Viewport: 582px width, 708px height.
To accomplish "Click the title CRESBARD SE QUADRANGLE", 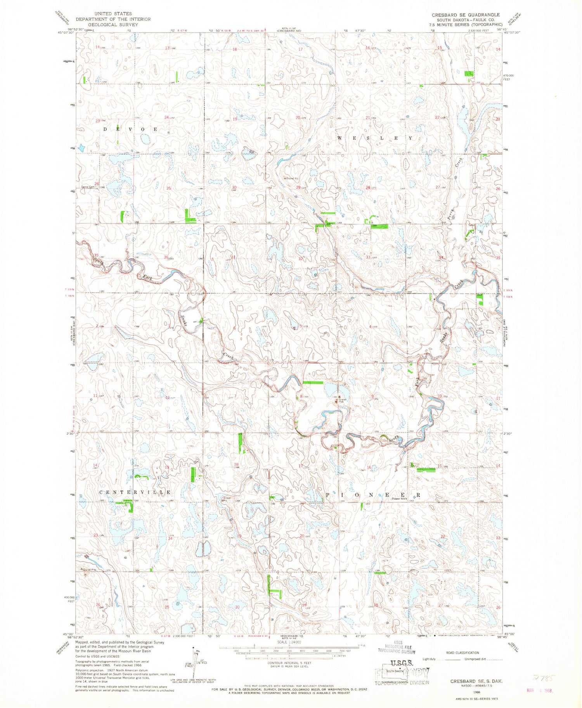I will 466,15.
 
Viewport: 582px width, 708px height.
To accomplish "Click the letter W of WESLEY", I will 340,138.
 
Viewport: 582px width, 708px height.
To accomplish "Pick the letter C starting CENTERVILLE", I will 101,492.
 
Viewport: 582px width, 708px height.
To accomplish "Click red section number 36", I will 166,257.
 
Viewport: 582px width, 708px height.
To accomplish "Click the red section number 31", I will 233,257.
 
